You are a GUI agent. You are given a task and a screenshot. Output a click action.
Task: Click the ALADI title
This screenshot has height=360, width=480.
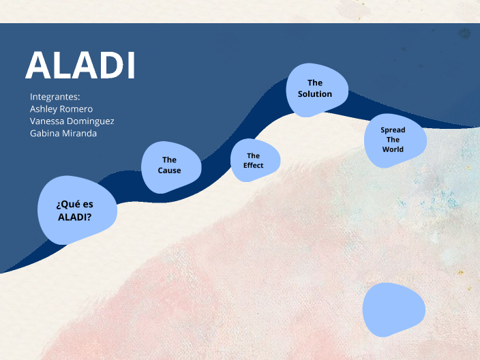pyautogui.click(x=80, y=66)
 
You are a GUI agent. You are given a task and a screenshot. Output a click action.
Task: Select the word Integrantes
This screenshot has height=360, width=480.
pyautogui.click(x=55, y=97)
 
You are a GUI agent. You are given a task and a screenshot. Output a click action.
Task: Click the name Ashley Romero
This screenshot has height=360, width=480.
pyautogui.click(x=61, y=109)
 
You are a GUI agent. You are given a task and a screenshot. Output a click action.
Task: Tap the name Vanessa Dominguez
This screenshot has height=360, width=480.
pyautogui.click(x=72, y=121)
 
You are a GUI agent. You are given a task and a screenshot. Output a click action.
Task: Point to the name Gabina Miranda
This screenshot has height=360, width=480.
pyautogui.click(x=63, y=134)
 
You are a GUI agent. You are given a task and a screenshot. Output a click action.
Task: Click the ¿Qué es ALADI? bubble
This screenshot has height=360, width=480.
pyautogui.click(x=76, y=211)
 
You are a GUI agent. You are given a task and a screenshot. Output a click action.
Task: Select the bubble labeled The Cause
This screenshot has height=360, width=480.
pyautogui.click(x=170, y=166)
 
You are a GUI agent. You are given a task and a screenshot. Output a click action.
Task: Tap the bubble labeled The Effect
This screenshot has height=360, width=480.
pyautogui.click(x=254, y=161)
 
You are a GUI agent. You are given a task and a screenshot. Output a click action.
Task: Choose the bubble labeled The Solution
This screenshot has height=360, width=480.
pyautogui.click(x=316, y=89)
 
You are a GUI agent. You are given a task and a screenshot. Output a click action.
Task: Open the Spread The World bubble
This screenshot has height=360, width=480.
pyautogui.click(x=394, y=140)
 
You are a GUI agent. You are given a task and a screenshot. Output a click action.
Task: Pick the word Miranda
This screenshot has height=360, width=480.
pyautogui.click(x=81, y=134)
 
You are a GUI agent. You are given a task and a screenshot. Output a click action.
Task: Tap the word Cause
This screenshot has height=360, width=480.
pyautogui.click(x=170, y=170)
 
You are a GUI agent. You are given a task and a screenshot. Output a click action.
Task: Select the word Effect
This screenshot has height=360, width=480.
pyautogui.click(x=254, y=166)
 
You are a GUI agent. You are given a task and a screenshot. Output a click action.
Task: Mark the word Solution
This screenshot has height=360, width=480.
pyautogui.click(x=315, y=94)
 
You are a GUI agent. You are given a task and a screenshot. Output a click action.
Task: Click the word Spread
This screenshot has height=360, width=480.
pyautogui.click(x=393, y=130)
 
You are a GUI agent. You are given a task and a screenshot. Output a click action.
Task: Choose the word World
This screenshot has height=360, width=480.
pyautogui.click(x=393, y=149)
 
